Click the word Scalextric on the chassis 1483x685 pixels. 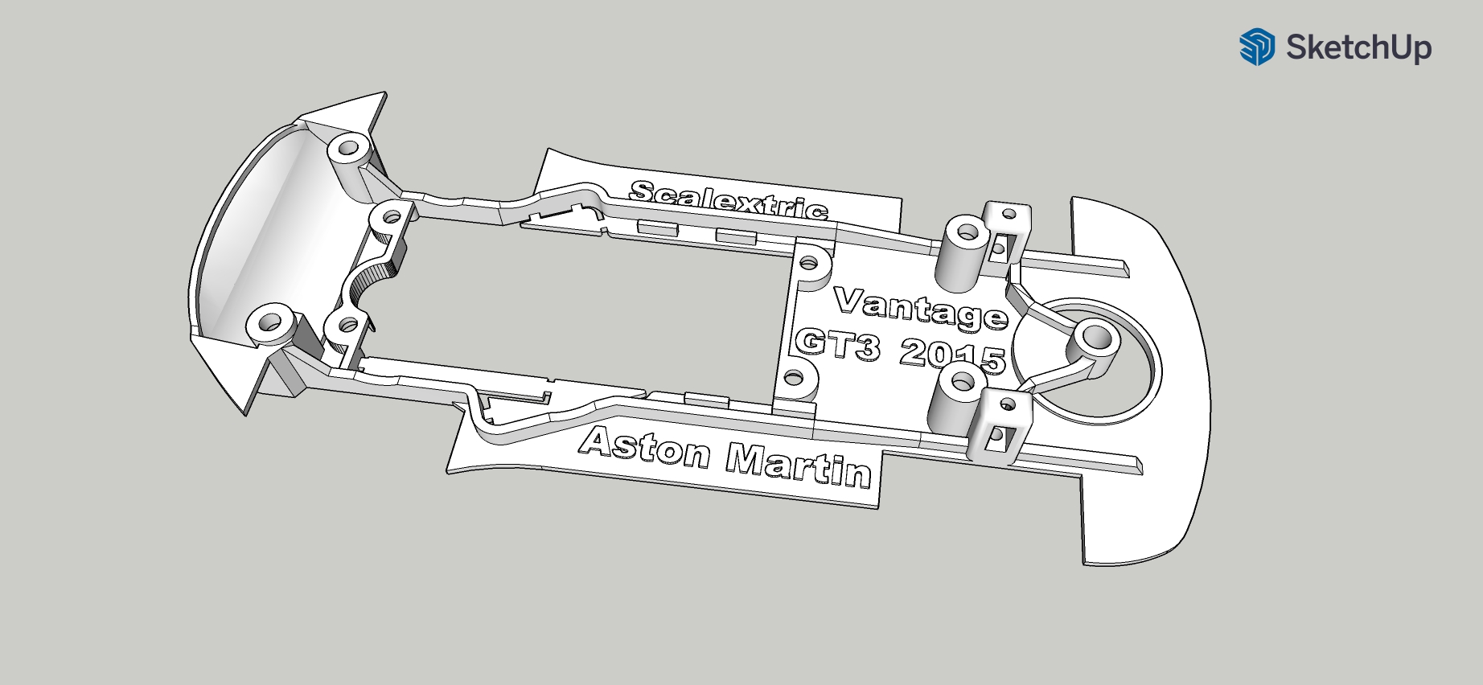point(729,200)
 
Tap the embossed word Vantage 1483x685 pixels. point(920,309)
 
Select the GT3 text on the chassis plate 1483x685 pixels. point(837,344)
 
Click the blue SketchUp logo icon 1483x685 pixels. point(1256,47)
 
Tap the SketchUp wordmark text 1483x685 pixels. point(1358,47)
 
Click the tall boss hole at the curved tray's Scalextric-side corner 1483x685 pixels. point(348,149)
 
